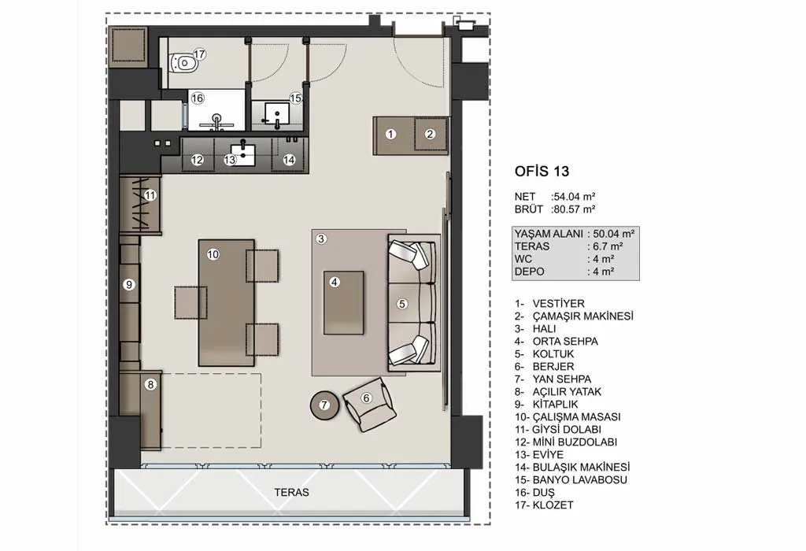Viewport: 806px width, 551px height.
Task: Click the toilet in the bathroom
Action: pos(184,63)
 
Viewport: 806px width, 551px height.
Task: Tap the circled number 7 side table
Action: pos(324,405)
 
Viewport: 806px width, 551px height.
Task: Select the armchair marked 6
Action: pos(369,404)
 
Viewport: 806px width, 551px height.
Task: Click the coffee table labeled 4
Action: pos(343,303)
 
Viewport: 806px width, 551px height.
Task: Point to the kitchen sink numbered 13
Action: pos(242,154)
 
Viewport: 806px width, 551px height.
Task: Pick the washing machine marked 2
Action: pos(431,134)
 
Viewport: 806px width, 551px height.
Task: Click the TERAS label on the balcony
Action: pos(291,493)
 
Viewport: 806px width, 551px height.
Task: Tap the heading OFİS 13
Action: pos(542,171)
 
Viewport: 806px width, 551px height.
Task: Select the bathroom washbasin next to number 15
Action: pos(276,115)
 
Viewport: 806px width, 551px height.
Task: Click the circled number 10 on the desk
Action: pos(213,254)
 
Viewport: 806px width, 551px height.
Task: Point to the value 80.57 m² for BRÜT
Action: pos(574,209)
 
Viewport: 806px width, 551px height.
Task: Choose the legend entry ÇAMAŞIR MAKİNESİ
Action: pos(583,316)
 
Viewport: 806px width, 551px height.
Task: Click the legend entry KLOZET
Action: pos(553,505)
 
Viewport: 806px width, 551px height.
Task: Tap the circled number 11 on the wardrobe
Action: pos(150,195)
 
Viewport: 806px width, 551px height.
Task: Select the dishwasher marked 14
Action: pos(290,154)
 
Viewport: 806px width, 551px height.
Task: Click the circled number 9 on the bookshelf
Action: pos(129,284)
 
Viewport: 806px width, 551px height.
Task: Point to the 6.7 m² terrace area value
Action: pos(608,246)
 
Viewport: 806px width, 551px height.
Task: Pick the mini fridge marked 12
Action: pos(198,154)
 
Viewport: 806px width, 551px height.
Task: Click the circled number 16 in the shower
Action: pos(198,98)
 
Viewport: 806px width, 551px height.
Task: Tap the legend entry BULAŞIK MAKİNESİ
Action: pos(581,468)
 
